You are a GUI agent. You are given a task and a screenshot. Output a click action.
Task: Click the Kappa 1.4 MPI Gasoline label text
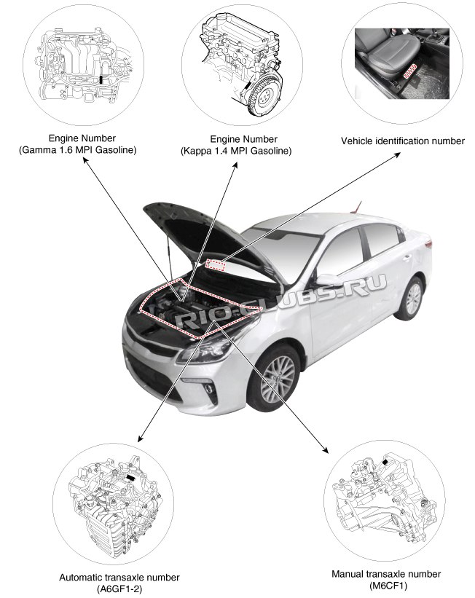pos(236,150)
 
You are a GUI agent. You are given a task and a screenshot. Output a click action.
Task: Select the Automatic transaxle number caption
pos(119,578)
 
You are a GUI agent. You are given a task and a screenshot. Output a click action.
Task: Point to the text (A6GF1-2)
pos(119,589)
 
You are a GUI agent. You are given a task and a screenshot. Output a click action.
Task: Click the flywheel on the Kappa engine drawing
pos(263,91)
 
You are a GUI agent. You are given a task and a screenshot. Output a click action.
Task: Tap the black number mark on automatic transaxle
pos(131,478)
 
